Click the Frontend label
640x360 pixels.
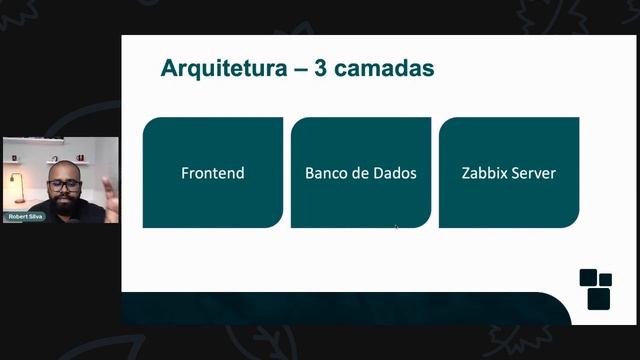point(213,173)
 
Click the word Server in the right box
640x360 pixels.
point(534,173)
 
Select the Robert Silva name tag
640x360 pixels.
point(25,216)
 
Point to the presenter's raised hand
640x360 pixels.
point(109,196)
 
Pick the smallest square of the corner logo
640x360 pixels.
point(605,279)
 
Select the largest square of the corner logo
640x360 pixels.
point(598,298)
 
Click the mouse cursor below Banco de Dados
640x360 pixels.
point(396,227)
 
